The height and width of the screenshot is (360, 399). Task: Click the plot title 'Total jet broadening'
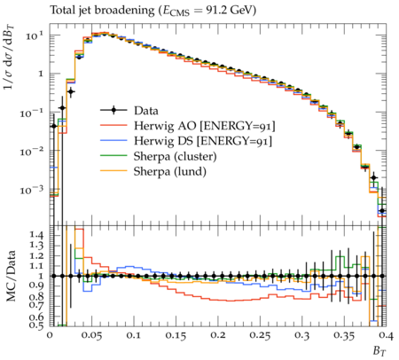102,11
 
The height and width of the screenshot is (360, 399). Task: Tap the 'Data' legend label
146,111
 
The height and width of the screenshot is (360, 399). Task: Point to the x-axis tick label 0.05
91,336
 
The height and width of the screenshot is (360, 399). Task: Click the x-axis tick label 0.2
218,336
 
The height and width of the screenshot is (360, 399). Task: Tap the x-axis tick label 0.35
344,336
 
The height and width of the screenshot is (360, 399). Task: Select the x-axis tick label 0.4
386,336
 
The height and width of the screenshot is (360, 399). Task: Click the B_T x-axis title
379,351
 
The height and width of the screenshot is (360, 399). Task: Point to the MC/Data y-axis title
11,276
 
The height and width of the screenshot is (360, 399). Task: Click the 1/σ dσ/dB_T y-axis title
10,58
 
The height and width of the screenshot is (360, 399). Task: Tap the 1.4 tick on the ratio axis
36,235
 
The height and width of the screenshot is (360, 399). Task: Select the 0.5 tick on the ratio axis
36,325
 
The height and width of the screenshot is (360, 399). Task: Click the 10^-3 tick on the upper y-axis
32,190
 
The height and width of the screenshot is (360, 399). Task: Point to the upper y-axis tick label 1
41,74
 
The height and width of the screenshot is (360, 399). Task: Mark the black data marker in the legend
113,111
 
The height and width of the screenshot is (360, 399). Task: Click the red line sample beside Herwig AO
113,125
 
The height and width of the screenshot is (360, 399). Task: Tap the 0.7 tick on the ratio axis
36,305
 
